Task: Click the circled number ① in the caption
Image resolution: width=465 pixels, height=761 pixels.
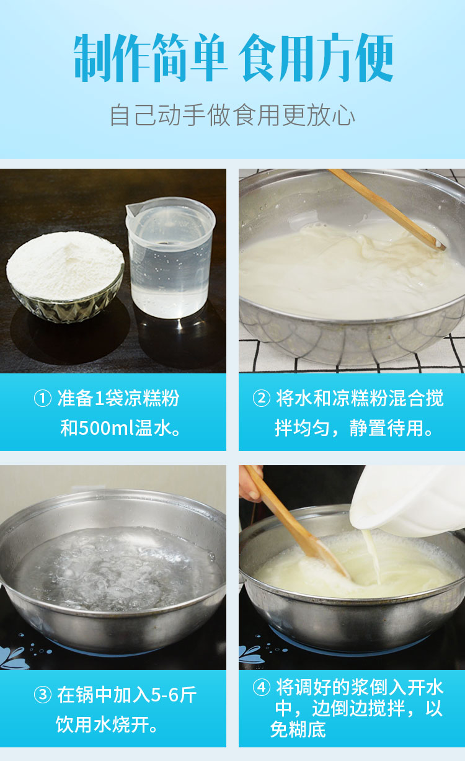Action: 43,399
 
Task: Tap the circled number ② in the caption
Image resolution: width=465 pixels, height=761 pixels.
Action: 262,399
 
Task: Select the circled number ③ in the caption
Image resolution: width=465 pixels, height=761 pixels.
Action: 43,695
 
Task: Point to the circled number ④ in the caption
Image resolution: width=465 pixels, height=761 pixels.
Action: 262,687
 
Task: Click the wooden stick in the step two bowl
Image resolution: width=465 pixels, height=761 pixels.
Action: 386,208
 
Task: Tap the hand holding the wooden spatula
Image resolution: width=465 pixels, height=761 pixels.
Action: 250,483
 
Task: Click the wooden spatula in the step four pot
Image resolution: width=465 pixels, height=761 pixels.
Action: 296,522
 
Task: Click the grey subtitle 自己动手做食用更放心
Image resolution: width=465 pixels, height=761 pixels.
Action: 232,115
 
